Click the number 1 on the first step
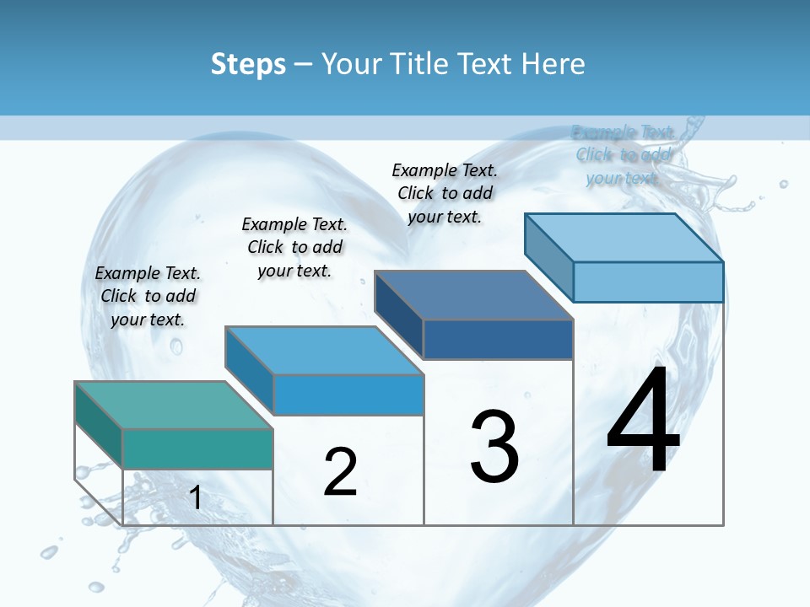pos(196,498)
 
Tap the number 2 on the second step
pos(340,472)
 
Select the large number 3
pos(494,447)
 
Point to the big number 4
pos(643,421)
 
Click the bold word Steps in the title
pos(248,64)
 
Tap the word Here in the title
pos(554,64)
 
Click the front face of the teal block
pos(197,449)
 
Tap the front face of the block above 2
pos(348,395)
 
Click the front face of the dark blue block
pos(498,339)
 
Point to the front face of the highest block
pos(648,282)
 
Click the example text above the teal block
pos(148,296)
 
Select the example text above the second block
pos(294,247)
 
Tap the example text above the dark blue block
pos(445,193)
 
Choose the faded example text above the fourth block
pos(623,154)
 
